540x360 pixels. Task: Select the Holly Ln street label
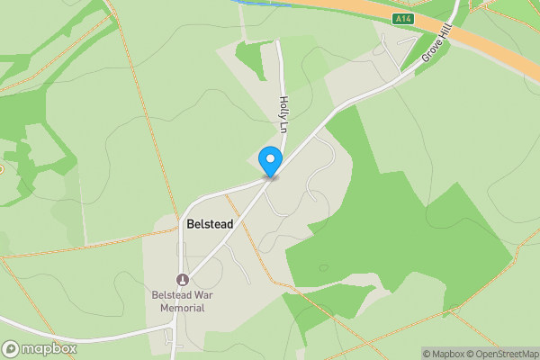(283, 116)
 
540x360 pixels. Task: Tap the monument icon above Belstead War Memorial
(183, 279)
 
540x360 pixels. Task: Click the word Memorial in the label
(183, 308)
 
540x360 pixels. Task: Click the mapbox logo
(40, 348)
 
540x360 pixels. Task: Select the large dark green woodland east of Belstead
(378, 225)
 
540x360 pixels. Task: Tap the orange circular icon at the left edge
(1, 168)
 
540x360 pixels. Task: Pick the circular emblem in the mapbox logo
(11, 348)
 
